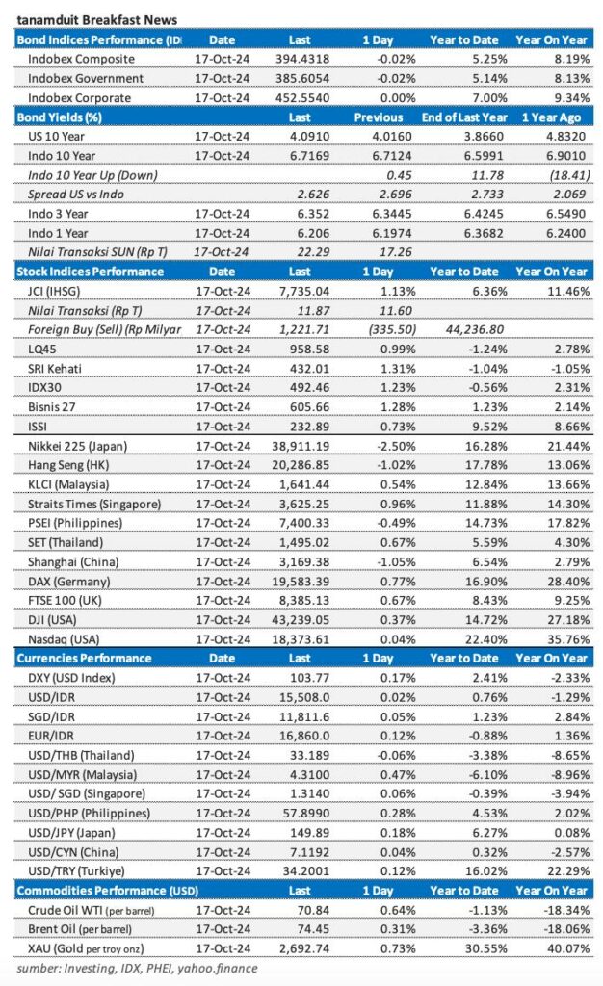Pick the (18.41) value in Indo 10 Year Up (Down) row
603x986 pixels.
point(565,174)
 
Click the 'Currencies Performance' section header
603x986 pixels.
point(86,659)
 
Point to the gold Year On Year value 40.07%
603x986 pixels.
point(566,948)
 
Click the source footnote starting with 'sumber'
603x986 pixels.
point(137,969)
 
